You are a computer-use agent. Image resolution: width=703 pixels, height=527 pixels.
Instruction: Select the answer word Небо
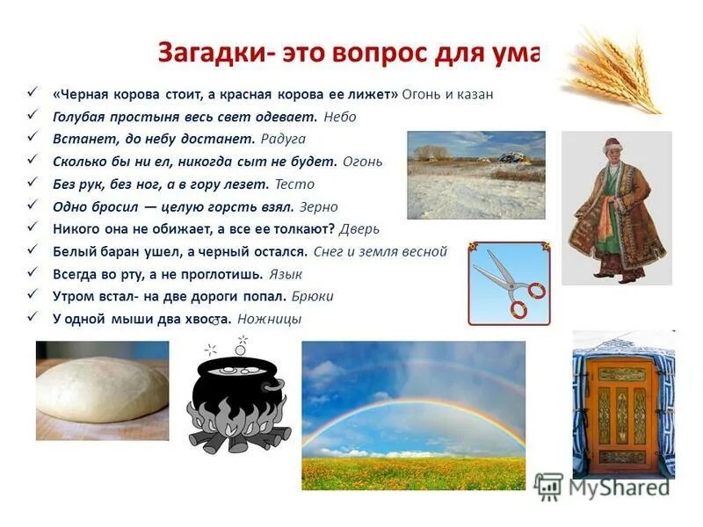coord(340,117)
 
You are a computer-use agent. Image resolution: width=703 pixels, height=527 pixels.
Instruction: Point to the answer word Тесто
coord(294,185)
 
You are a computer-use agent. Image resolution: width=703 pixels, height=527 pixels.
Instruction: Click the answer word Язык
coord(286,274)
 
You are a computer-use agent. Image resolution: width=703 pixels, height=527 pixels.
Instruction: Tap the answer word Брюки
coord(313,297)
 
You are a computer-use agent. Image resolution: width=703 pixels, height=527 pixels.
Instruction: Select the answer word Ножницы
coord(269,320)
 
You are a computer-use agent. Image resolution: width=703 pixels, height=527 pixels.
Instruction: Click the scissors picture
coord(509,284)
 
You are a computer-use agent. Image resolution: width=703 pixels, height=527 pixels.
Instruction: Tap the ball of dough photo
coord(102,388)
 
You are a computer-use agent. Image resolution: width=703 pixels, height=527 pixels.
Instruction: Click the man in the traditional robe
coord(616,208)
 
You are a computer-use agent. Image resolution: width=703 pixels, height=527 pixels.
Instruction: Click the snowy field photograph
coord(475,175)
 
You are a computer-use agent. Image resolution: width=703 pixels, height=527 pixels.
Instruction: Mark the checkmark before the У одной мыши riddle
coord(33,319)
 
